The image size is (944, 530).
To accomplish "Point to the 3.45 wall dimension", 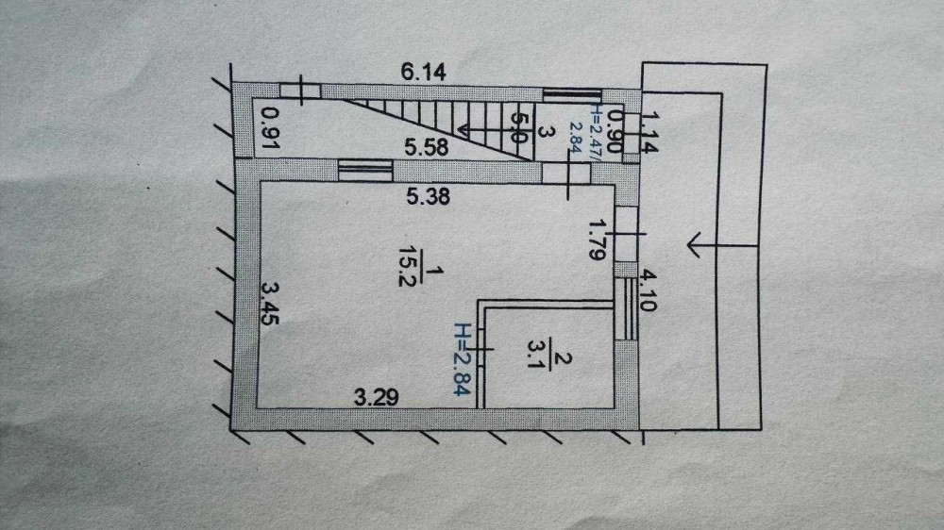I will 269,304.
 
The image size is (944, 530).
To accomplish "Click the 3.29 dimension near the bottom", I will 376,397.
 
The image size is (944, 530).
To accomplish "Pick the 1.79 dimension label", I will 597,241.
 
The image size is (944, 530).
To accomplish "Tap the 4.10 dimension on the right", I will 649,292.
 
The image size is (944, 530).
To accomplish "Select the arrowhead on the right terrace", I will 694,246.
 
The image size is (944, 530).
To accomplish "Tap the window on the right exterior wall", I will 627,308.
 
